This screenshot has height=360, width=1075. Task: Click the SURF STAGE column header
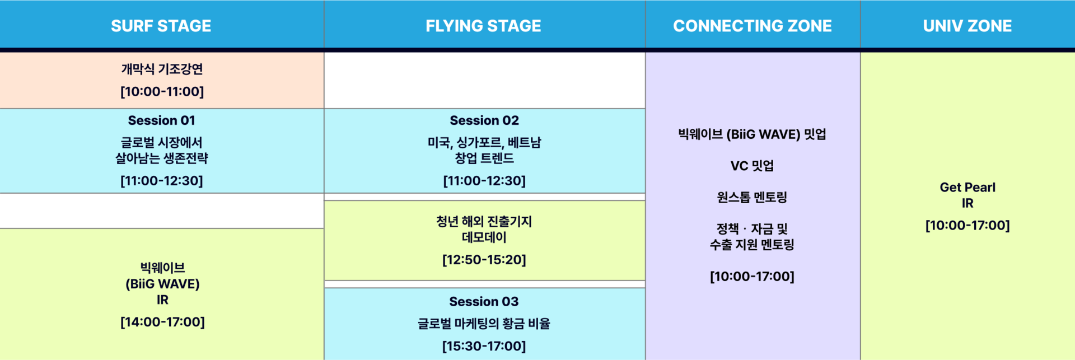[161, 26]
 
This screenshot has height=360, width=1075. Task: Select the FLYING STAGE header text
[483, 26]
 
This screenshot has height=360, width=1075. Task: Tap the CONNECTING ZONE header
[752, 26]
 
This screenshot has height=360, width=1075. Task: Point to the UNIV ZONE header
[968, 26]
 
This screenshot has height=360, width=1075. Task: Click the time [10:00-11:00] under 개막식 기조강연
[162, 91]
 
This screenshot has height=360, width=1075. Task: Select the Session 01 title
[162, 120]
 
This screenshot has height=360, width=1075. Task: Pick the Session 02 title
[484, 120]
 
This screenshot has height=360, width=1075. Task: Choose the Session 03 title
[484, 301]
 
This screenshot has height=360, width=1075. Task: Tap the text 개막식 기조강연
[162, 69]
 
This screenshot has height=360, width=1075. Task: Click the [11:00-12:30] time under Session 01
[162, 181]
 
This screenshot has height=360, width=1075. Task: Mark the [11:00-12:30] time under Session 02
[484, 181]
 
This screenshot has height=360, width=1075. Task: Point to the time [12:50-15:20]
[484, 260]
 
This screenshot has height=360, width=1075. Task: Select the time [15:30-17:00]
[484, 346]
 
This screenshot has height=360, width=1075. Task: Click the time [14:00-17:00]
[162, 322]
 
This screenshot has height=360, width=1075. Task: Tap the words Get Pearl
[968, 188]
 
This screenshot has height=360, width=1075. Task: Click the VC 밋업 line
[752, 166]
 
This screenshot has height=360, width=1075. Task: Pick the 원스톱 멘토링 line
[752, 197]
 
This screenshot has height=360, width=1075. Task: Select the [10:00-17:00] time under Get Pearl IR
[968, 226]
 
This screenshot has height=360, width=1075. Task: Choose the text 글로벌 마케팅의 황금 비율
[484, 324]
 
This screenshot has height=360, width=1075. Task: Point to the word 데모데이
[484, 237]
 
